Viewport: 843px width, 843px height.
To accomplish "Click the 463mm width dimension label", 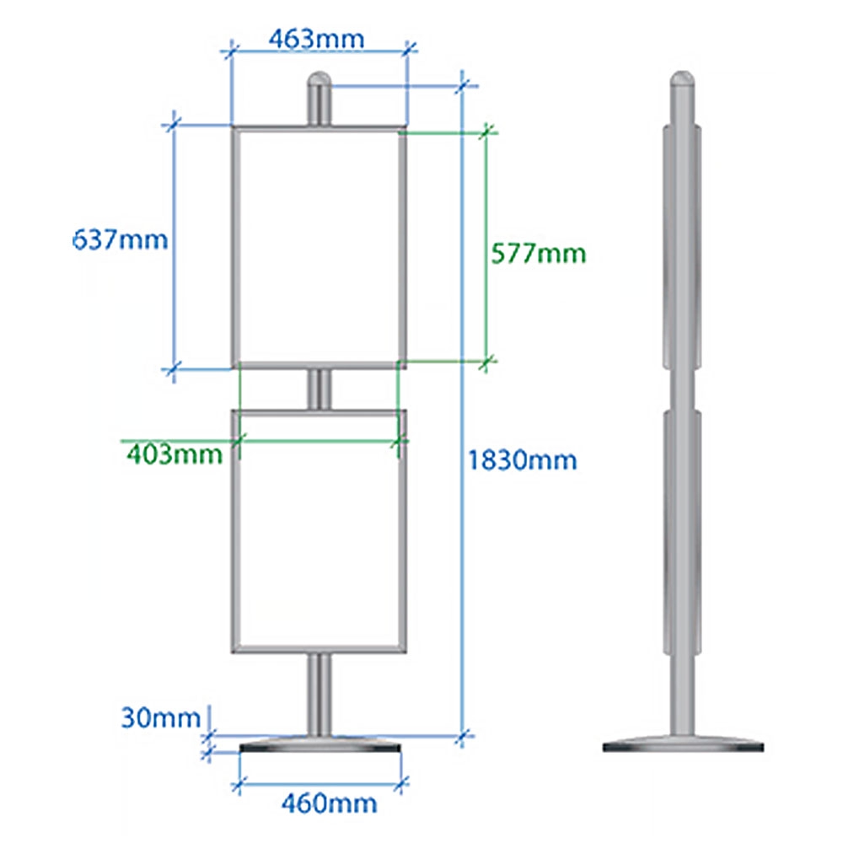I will tap(316, 39).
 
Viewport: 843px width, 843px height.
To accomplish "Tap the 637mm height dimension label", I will tap(121, 239).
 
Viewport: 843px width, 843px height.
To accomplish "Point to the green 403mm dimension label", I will tap(175, 455).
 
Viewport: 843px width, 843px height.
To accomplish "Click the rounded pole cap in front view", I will tap(318, 84).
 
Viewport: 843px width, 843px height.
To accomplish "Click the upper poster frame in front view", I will tap(319, 248).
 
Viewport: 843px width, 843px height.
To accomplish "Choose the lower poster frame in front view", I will tap(319, 531).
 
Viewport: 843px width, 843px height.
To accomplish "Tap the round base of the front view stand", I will tap(320, 746).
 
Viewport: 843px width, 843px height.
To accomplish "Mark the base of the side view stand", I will tap(684, 744).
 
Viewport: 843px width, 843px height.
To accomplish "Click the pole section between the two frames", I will tap(319, 389).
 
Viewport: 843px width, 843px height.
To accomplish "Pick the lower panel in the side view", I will tap(682, 531).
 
